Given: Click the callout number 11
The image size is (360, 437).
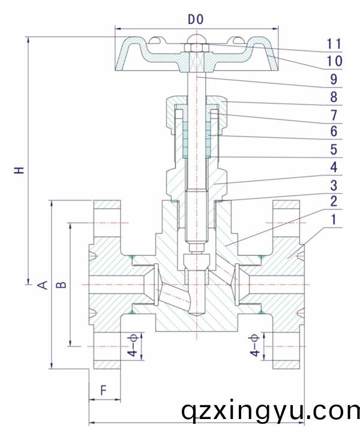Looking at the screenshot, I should tap(334, 44).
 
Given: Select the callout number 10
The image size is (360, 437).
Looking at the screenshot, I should tap(334, 61).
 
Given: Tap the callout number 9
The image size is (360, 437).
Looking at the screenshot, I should tap(334, 79).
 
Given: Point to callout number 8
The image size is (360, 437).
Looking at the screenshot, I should tap(334, 96).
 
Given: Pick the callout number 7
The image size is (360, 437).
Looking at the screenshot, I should tap(334, 113).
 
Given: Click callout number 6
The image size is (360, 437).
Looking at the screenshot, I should tap(334, 131).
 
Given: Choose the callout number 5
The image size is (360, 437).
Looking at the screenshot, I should tap(334, 149).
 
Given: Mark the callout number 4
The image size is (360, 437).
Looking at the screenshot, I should tap(334, 167).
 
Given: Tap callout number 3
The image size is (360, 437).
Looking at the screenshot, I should tap(334, 185).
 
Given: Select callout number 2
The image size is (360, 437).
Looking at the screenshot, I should tap(334, 201).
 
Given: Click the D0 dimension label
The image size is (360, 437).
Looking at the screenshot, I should tap(196, 20).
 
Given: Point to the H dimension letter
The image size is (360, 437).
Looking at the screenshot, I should tap(20, 170).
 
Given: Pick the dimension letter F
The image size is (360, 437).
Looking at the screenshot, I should tap(103, 390).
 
